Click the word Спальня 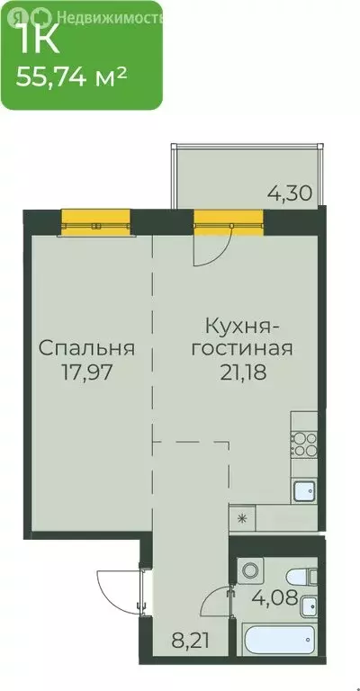[x=86, y=347]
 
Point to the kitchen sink [x=303, y=490]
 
